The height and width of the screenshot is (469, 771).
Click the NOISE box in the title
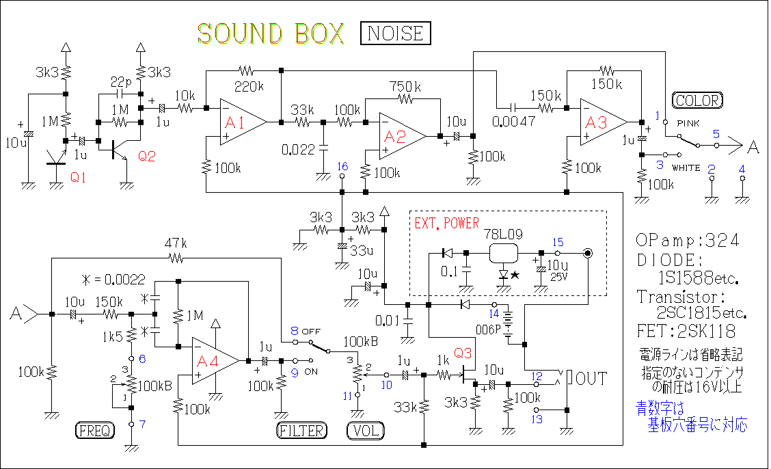click(396, 33)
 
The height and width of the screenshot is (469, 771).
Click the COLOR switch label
click(696, 100)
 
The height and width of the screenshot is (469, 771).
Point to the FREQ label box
click(94, 431)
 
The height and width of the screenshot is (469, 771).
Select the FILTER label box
click(302, 431)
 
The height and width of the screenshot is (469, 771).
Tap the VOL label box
click(366, 431)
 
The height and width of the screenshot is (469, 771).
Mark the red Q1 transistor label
click(79, 178)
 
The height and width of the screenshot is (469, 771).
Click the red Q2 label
click(147, 157)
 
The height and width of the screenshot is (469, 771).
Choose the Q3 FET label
click(463, 353)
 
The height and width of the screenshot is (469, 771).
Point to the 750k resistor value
click(405, 87)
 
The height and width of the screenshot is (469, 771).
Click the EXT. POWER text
click(447, 224)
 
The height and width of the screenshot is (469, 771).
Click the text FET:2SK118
click(686, 332)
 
